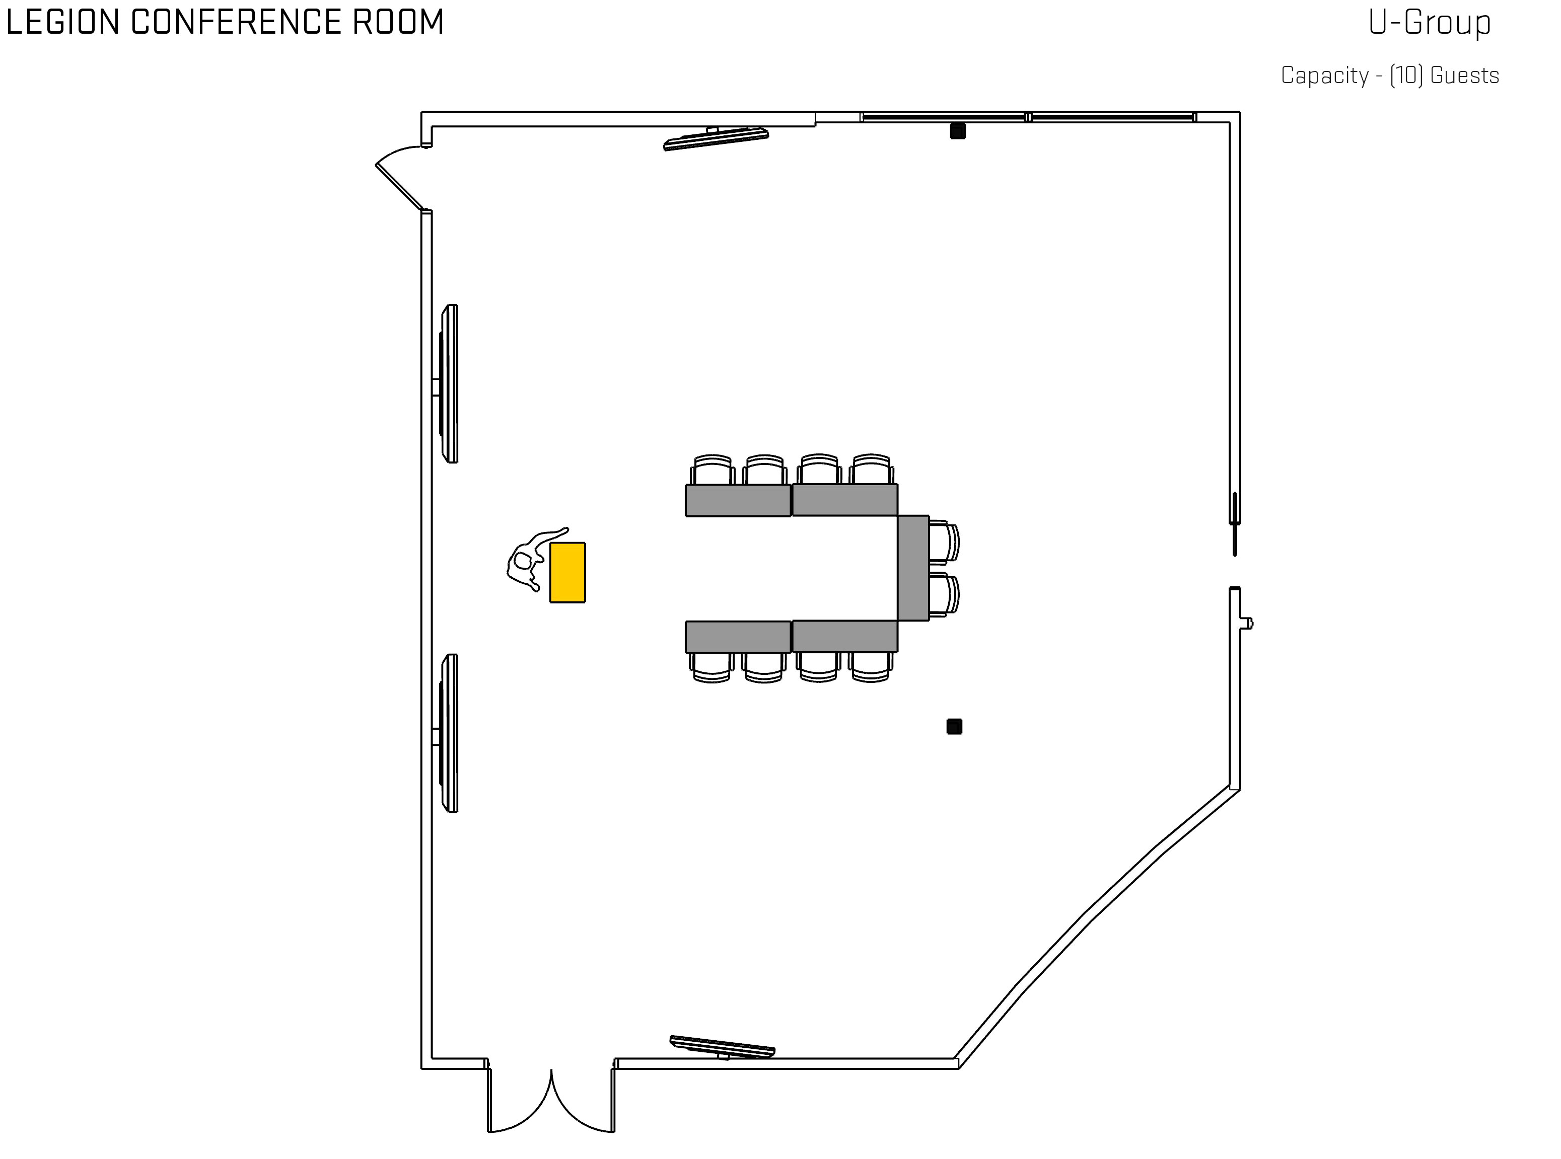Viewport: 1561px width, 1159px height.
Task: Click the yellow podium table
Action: pos(567,572)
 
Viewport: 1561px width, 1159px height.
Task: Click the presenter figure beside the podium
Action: pos(526,561)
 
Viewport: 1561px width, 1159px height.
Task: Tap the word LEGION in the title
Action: pos(62,23)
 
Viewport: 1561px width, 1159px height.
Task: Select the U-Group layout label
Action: pos(1429,23)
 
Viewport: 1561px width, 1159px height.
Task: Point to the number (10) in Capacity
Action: pos(1406,75)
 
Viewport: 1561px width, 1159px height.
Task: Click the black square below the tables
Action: pos(954,726)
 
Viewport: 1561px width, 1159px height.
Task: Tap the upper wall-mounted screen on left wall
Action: pos(450,384)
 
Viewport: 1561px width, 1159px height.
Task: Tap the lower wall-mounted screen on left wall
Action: pos(450,733)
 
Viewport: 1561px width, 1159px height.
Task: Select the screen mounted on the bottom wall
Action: pos(722,1047)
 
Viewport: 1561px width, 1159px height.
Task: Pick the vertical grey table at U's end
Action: pos(913,568)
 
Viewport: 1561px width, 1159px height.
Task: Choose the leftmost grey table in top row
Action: pos(738,500)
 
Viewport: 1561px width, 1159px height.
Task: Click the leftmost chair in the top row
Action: pos(713,470)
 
